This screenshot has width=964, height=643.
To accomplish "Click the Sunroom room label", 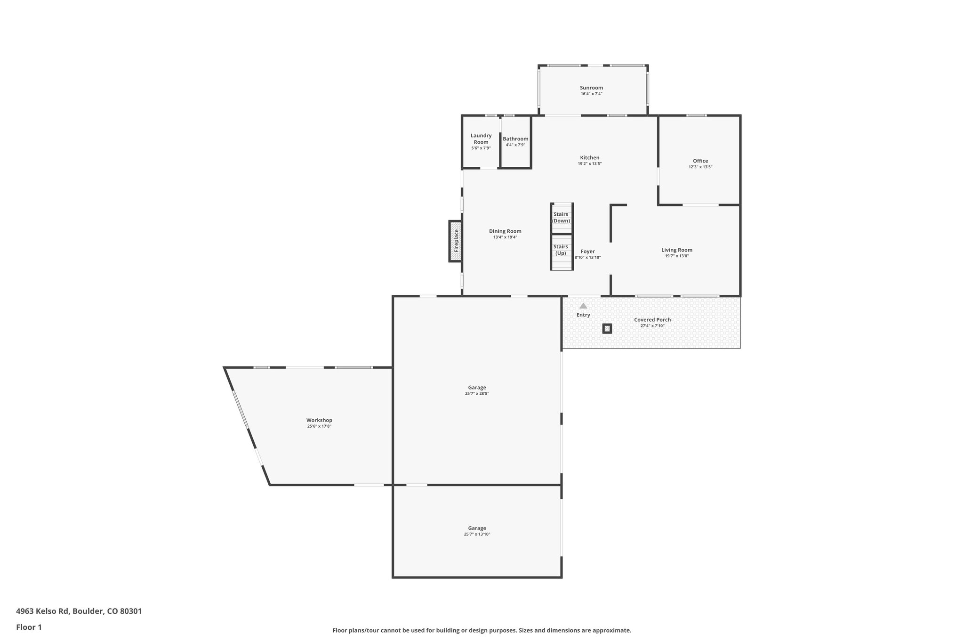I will tap(591, 88).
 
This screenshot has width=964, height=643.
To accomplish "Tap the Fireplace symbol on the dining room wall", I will tap(455, 241).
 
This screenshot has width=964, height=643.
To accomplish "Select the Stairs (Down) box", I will tap(561, 218).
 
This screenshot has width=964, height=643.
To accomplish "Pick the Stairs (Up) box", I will tap(561, 250).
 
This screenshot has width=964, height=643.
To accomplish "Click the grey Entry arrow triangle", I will tap(583, 306).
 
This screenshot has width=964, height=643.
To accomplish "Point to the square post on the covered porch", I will tap(607, 328).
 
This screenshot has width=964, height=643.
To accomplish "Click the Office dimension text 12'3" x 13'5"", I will tap(700, 167).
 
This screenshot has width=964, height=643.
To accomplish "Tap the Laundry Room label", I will tap(481, 138).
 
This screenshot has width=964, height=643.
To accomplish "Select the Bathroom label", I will tap(515, 138).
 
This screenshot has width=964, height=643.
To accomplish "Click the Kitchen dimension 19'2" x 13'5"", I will tap(589, 163).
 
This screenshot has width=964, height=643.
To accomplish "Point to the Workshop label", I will tap(319, 420).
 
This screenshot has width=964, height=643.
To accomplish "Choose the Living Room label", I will tap(676, 250).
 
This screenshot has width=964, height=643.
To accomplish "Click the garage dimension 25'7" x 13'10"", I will tap(477, 534).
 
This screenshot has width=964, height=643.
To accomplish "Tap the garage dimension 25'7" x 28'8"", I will tap(477, 393).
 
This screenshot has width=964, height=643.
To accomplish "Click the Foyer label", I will tap(587, 251).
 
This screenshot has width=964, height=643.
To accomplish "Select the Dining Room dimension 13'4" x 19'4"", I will tap(505, 237).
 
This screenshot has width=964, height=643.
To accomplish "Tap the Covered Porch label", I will tap(652, 319).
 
